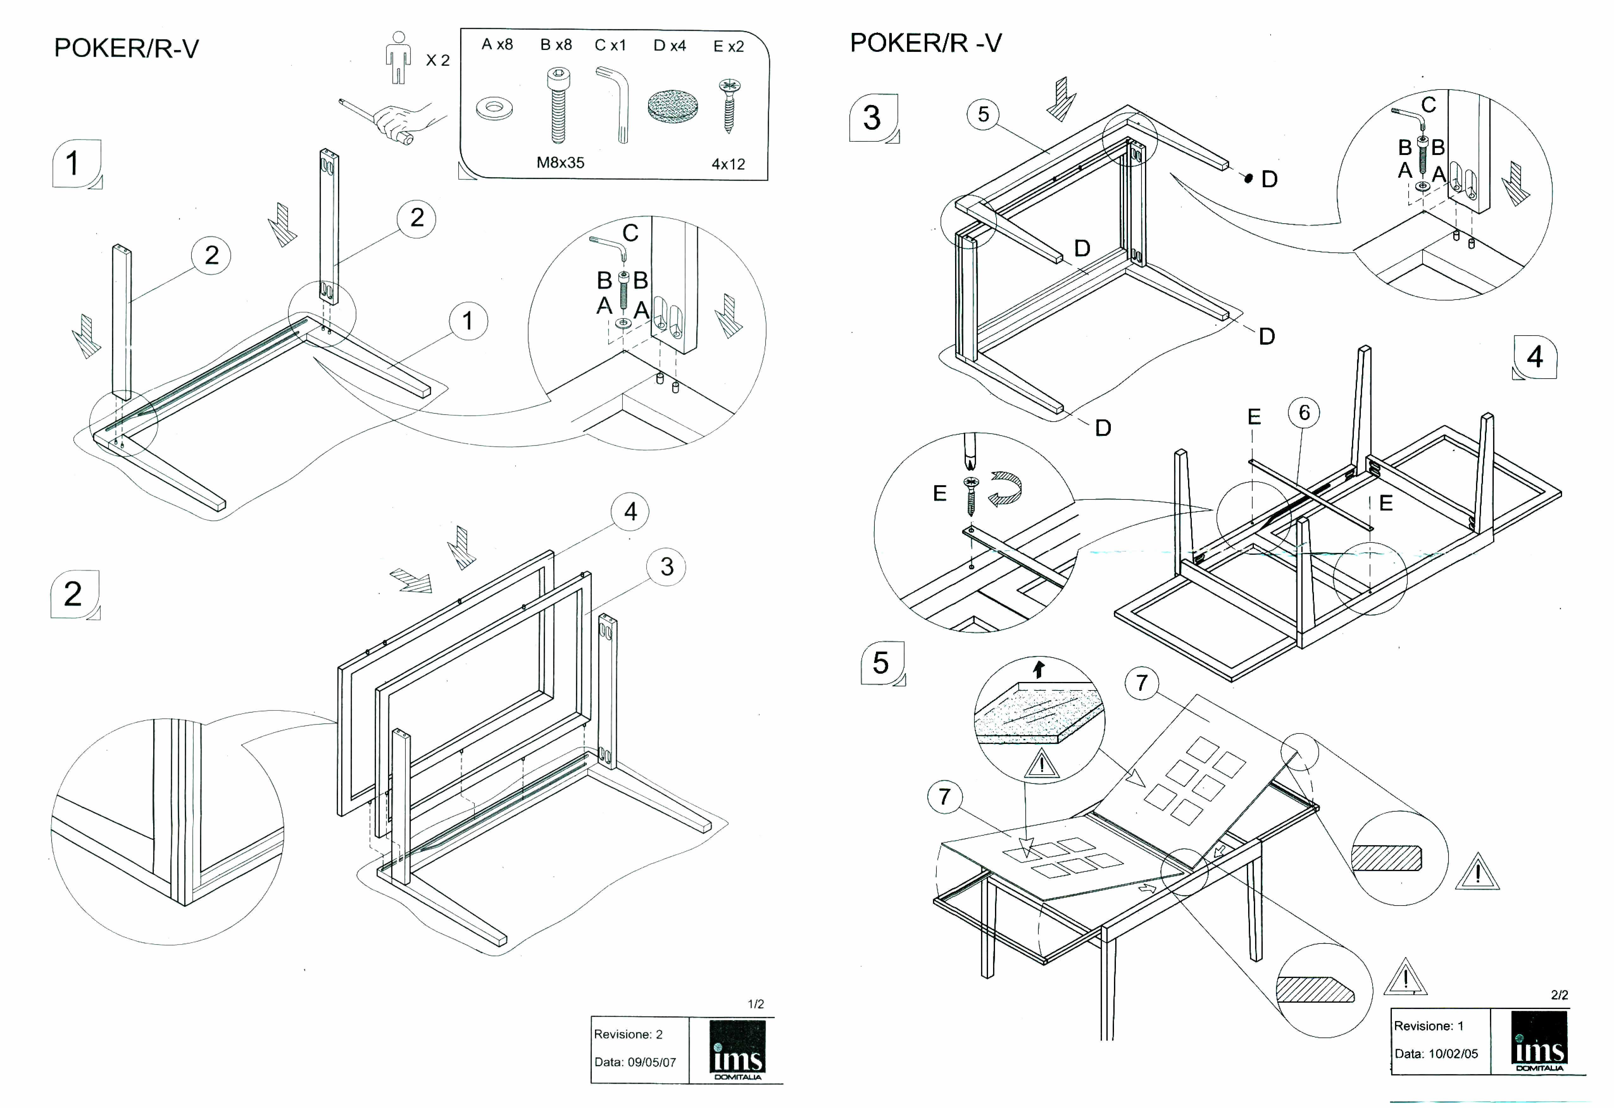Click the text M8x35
pyautogui.click(x=560, y=163)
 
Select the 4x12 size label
pyautogui.click(x=728, y=164)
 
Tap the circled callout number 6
pyautogui.click(x=1304, y=413)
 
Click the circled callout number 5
pyautogui.click(x=983, y=115)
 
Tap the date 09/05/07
pyautogui.click(x=651, y=1062)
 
